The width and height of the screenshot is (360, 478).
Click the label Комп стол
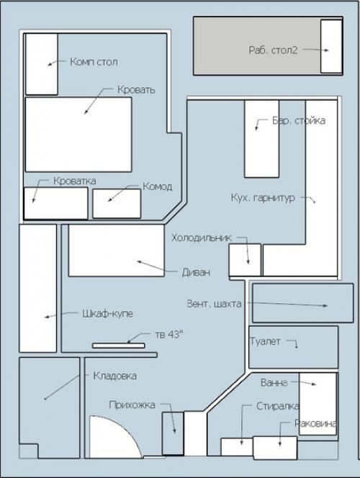coord(94,62)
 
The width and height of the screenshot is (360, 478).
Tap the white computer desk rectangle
coord(42,64)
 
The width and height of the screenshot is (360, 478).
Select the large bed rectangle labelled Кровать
coord(78,135)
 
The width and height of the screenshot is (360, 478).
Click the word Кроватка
coord(75,181)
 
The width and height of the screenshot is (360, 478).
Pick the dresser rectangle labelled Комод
coord(117,203)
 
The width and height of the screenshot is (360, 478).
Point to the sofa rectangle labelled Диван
coord(117,251)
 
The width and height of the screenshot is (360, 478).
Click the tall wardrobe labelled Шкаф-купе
coord(37,288)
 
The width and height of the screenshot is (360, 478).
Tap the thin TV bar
coord(119,346)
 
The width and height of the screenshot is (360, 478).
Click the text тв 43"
coord(169,335)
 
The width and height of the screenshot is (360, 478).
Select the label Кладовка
coord(115,376)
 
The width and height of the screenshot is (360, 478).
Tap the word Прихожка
coord(132,405)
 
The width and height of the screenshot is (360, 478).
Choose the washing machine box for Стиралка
coord(237,447)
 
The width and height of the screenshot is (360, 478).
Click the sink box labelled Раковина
coord(275,448)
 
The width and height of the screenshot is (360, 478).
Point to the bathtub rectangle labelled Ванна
coord(318,404)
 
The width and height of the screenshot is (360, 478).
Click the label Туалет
coord(265,341)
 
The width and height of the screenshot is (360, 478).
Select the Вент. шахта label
coord(214,304)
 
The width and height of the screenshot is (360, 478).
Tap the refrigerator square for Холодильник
coord(245,260)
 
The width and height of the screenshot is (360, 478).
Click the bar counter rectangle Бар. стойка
coord(262,139)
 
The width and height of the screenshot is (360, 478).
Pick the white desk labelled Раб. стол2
coord(331,46)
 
